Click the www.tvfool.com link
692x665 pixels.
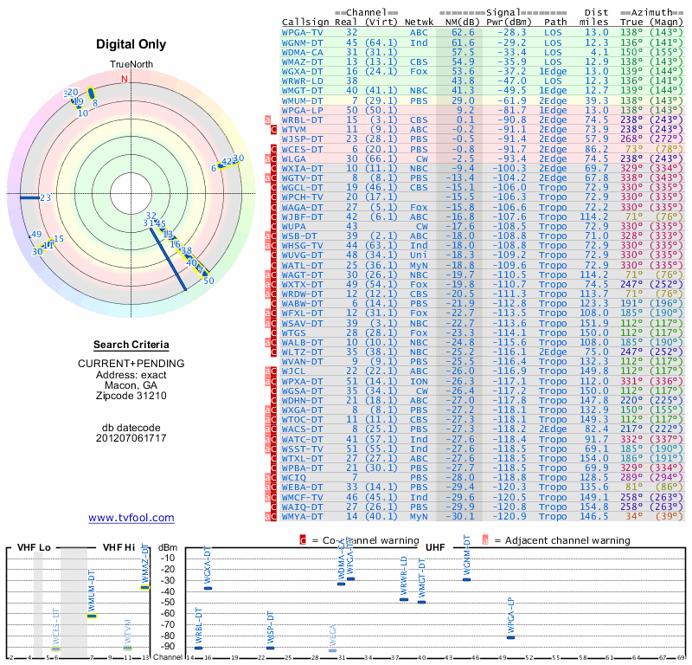point(131,518)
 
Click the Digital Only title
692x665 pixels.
point(131,44)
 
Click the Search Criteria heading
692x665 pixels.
point(131,345)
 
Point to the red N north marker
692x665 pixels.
point(125,79)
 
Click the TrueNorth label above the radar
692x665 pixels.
point(130,66)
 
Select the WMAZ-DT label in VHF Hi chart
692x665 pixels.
point(145,563)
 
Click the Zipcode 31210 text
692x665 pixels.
point(131,396)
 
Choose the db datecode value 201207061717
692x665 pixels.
point(131,438)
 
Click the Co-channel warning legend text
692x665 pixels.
point(355,540)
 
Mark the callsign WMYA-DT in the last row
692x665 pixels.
point(304,516)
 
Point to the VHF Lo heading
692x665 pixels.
point(33,547)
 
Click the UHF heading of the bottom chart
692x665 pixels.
point(435,547)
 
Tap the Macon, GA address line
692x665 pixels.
point(131,384)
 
